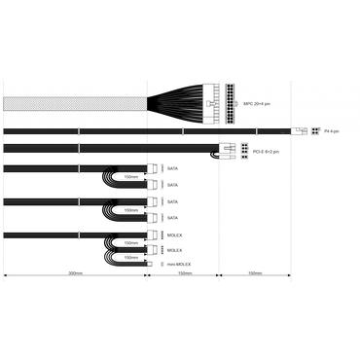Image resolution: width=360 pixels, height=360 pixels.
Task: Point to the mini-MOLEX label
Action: [x=178, y=264]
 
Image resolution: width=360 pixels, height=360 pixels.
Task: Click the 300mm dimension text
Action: [x=75, y=274]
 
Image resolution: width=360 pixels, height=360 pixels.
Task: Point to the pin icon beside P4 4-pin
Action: [x=315, y=131]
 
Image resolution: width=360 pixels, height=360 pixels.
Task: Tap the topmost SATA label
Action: [x=173, y=168]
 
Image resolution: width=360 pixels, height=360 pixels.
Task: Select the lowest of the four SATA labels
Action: [x=173, y=216]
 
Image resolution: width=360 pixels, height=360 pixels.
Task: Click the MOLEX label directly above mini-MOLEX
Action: [x=174, y=249]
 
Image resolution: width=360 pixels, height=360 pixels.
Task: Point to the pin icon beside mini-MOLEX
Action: [x=161, y=264]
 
